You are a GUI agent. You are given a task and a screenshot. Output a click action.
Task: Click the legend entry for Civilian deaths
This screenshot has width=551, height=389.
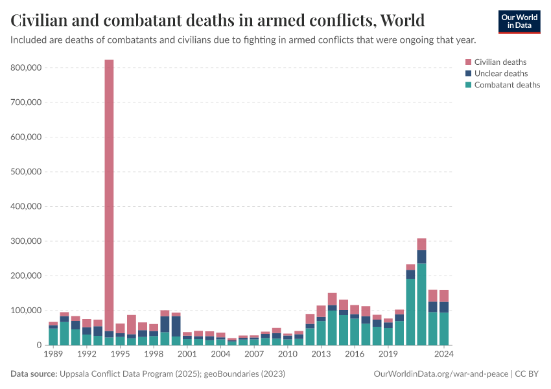coord(500,62)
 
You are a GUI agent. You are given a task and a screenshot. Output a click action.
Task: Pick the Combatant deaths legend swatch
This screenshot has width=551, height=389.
coord(469,85)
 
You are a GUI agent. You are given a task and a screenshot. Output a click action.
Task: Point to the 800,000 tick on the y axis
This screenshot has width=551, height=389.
coord(27,67)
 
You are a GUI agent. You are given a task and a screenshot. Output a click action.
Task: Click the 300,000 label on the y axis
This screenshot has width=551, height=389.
coord(27,241)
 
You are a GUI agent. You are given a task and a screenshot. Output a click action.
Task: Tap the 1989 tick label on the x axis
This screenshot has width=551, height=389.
coord(53,355)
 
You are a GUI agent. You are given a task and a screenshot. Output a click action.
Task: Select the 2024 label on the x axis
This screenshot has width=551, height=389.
coord(443,355)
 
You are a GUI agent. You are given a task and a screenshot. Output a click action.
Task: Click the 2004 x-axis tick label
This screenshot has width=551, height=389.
coord(220,355)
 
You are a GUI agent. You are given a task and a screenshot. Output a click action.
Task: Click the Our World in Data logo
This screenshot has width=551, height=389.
coord(519,21)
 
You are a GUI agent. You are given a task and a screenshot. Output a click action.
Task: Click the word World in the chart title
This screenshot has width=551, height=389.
coord(403,20)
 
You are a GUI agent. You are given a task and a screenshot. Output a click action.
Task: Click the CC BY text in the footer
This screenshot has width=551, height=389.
coord(528,374)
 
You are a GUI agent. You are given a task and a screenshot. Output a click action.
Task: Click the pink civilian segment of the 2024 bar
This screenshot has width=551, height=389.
coord(444,296)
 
